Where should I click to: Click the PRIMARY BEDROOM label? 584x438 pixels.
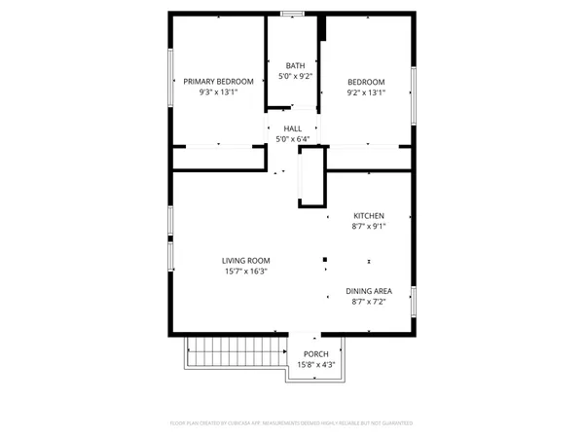point(219,82)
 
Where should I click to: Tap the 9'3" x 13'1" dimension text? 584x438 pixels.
point(219,93)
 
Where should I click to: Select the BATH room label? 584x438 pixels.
point(295,66)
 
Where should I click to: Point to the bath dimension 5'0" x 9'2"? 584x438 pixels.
point(295,77)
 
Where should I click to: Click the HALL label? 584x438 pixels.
point(293,128)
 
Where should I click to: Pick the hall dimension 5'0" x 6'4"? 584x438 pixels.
point(293,140)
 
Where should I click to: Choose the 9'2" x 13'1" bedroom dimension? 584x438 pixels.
point(366,93)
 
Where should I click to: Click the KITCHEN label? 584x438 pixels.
point(368,215)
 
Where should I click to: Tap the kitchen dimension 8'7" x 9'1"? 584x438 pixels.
point(368,227)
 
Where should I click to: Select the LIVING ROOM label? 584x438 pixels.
point(245,261)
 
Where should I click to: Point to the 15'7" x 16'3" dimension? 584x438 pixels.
point(245,273)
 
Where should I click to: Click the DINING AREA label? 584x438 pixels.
point(368,291)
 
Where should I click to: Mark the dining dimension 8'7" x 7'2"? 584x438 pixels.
point(368,303)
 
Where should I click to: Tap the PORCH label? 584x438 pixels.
point(315,354)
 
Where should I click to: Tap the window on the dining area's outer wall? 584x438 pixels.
point(414,301)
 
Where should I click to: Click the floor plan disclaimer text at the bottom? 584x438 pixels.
point(292,424)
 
